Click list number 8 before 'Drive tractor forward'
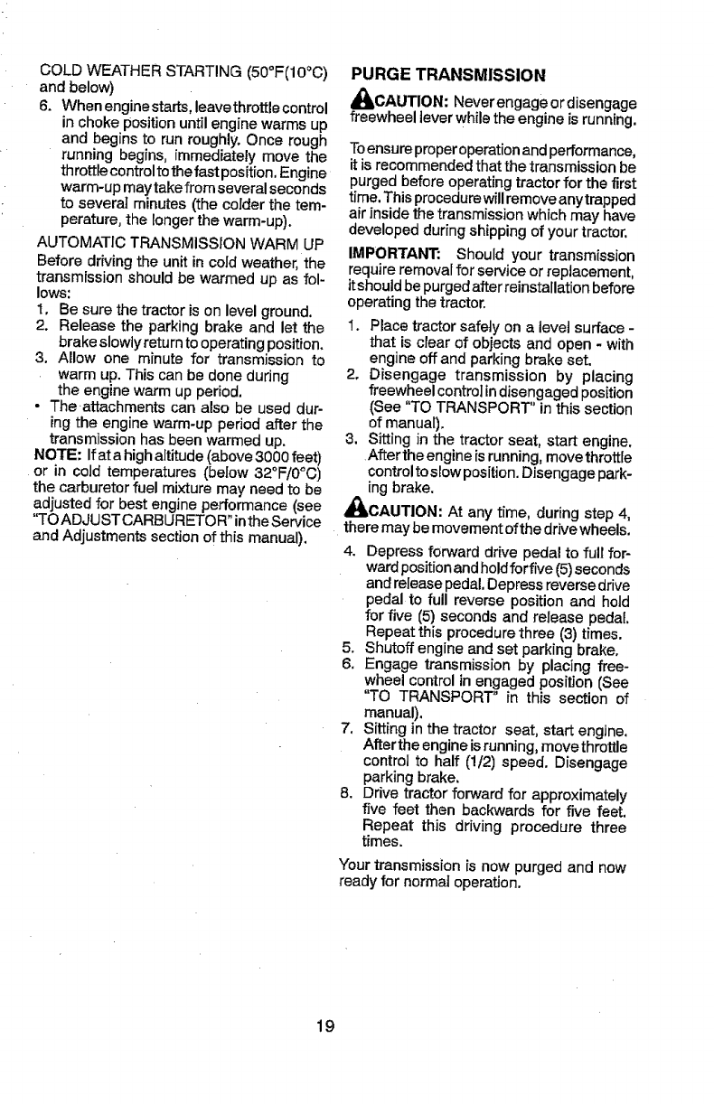(345, 795)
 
